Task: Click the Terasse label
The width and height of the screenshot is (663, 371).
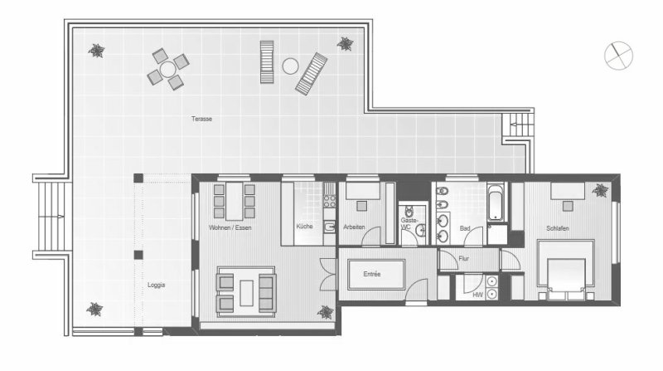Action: [201, 119]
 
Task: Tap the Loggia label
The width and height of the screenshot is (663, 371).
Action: [156, 285]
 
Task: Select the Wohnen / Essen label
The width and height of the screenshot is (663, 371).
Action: [230, 228]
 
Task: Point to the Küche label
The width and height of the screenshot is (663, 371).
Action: [304, 227]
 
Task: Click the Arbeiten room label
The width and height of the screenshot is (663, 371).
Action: [354, 227]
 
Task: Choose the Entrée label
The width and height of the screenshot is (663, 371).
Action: [372, 275]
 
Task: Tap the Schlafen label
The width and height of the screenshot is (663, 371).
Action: [557, 228]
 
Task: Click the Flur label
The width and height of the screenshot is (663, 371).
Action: [463, 258]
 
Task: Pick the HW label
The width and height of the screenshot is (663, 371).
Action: [478, 295]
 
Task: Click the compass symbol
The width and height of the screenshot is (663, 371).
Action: [618, 56]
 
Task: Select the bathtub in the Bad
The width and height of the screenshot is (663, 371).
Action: [496, 202]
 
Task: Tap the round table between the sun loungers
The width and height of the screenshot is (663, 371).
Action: [291, 66]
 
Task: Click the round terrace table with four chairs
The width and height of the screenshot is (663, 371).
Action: [168, 69]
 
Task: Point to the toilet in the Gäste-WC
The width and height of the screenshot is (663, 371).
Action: [409, 210]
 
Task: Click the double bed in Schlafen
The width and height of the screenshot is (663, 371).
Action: [566, 271]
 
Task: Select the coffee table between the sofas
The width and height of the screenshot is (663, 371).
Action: [246, 293]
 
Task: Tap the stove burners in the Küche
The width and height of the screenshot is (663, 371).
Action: [329, 201]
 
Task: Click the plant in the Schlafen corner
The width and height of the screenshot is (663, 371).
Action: [600, 190]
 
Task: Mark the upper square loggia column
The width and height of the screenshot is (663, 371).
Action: [138, 178]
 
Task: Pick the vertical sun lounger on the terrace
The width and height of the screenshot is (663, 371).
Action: [267, 61]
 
